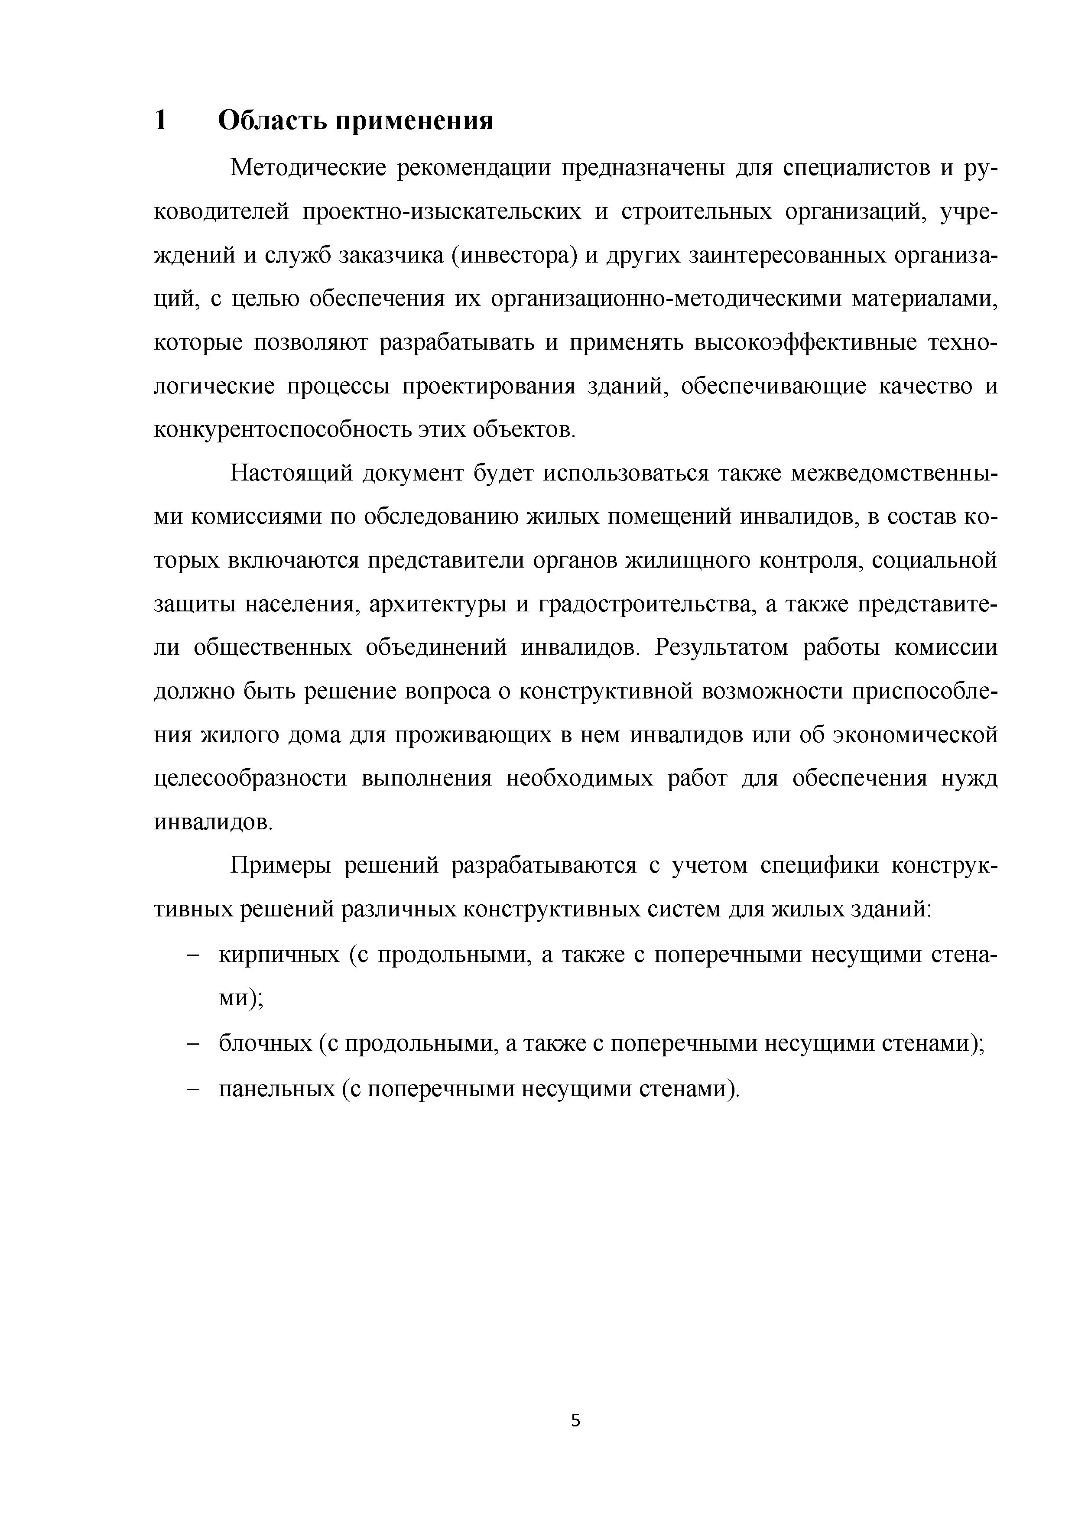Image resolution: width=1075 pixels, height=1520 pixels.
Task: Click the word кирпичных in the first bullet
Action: pos(279,955)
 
